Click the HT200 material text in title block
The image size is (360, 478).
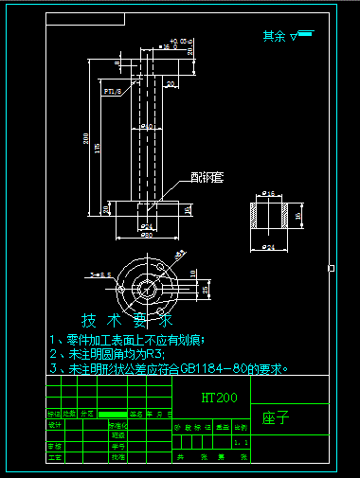pos(219,398)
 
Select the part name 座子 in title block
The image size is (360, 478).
pos(275,417)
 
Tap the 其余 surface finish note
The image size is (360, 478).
pos(275,36)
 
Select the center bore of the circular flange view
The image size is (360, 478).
pos(147,287)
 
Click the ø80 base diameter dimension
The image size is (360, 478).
pos(148,235)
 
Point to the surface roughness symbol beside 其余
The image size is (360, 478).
pos(303,36)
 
